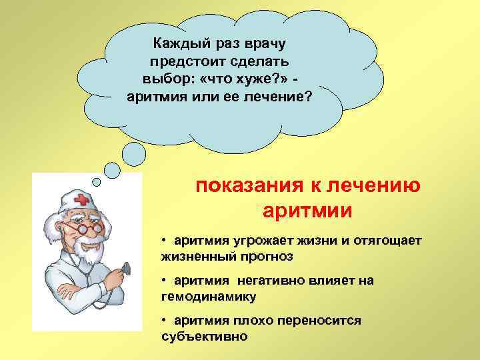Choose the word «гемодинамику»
point(209,296)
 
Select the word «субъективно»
point(204,336)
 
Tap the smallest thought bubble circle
point(97,181)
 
